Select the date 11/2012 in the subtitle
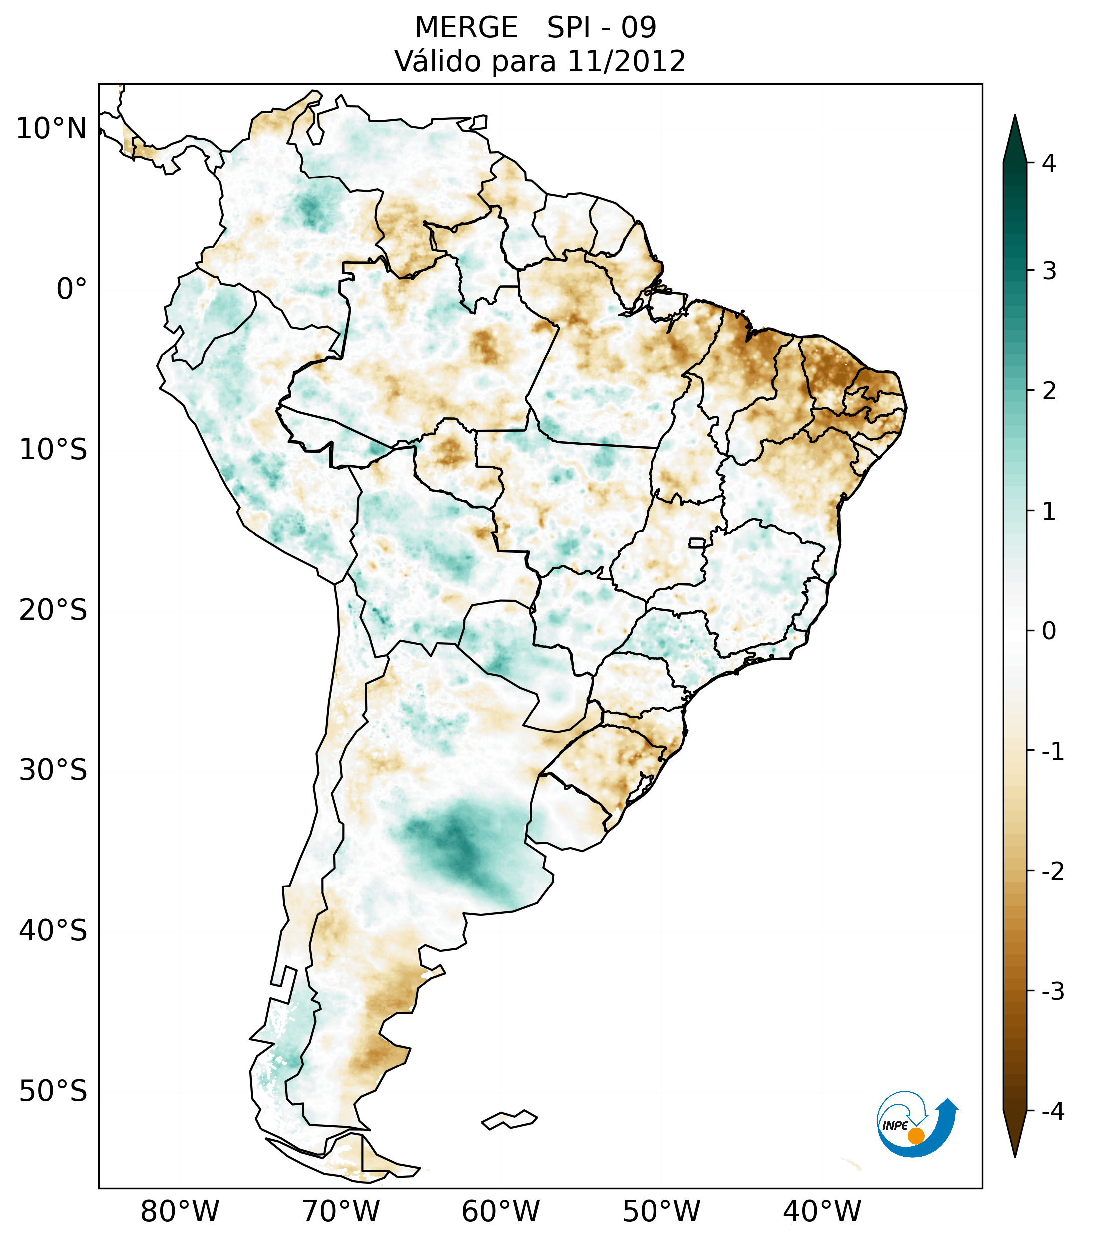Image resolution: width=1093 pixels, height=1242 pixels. [626, 61]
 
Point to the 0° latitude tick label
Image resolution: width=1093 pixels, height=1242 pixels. [72, 289]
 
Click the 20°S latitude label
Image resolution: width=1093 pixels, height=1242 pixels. [53, 610]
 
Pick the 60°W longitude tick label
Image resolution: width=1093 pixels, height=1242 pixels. [500, 1212]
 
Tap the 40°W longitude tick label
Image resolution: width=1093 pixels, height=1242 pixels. [821, 1212]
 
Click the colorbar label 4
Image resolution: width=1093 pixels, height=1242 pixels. [1049, 163]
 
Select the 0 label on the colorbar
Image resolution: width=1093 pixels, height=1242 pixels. [1049, 631]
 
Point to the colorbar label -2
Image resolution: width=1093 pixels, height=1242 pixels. [1052, 872]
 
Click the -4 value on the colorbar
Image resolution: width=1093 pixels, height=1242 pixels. [1052, 1111]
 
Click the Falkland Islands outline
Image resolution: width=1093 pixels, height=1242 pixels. [509, 1120]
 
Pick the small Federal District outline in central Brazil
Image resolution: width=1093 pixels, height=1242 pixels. [696, 542]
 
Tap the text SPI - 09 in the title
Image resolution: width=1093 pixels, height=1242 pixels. [601, 28]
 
